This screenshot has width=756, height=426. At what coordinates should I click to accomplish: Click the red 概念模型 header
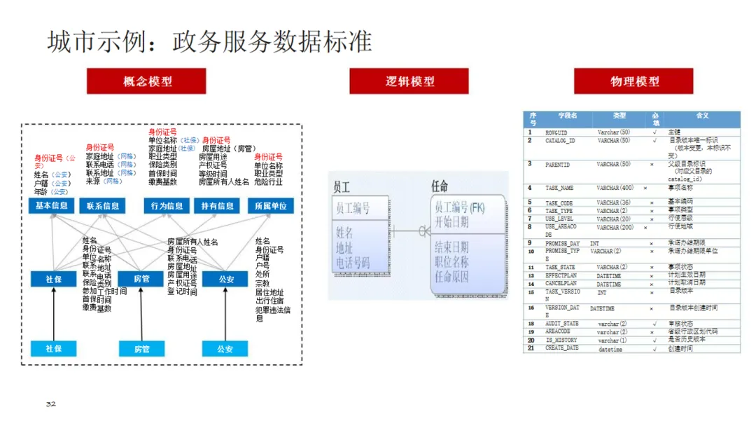pos(146,81)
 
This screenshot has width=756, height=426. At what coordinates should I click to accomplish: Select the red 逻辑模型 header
pos(409,81)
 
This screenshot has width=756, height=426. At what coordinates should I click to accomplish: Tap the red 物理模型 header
pos(633,81)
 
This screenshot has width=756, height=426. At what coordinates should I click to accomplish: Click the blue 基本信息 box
pos(51,206)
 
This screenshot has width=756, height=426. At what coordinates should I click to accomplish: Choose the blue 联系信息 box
pos(103,206)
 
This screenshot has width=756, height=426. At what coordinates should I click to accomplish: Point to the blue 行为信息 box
pos(167,206)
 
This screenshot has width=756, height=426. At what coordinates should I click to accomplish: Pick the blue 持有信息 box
pos(217,206)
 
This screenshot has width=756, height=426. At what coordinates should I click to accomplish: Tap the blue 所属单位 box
pos(271,206)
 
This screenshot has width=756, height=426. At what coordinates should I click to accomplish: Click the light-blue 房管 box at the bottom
pos(141,348)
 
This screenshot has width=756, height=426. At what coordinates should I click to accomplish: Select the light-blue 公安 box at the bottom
pos(225,348)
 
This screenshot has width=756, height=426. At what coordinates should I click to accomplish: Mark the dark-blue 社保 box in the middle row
pos(54,279)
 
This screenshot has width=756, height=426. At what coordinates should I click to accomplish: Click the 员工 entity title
pos(342,187)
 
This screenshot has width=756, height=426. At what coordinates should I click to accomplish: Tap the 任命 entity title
pos(440,187)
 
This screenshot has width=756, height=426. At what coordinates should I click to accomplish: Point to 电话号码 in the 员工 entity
pos(353,263)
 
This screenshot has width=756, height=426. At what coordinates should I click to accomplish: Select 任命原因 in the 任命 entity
pos(451,277)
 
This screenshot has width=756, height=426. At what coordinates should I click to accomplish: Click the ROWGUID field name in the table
pos(556,132)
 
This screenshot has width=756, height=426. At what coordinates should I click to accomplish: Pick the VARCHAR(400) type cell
pos(615,188)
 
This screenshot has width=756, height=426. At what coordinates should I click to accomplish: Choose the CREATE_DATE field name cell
pos(562,348)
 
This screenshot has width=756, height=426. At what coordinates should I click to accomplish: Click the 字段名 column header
pos(567,116)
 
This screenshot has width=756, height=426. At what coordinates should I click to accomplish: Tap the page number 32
pos(50,404)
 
